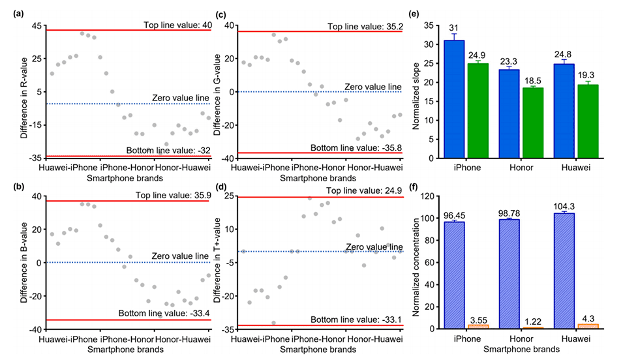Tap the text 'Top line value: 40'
(177, 25)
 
